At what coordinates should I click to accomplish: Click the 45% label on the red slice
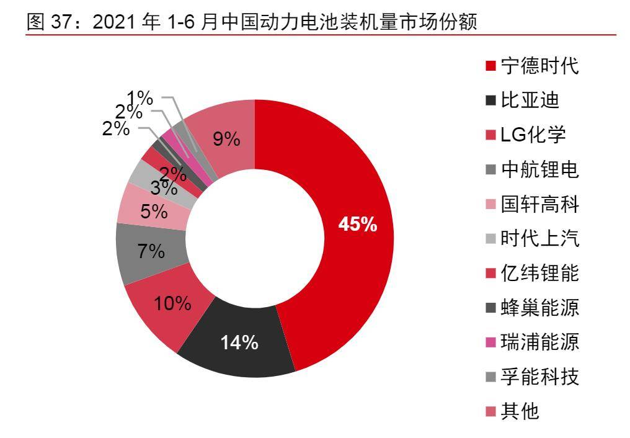pos(357,225)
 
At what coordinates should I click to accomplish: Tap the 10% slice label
pos(172,303)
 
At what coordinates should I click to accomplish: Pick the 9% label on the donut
pos(226,140)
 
